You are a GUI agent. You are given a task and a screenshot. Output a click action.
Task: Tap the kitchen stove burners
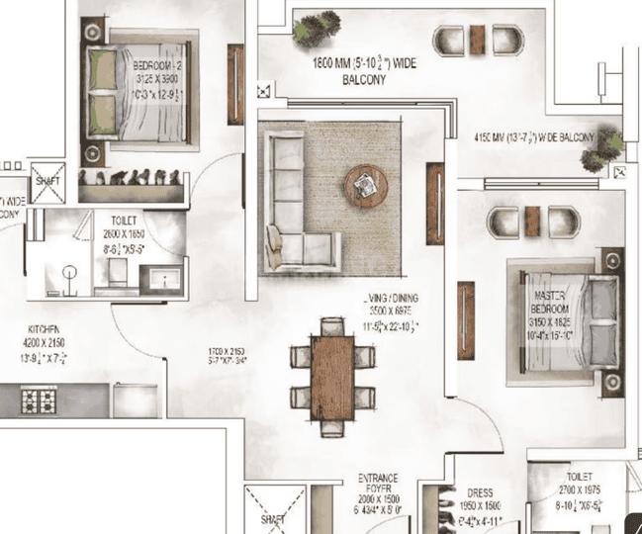(x=39, y=400)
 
